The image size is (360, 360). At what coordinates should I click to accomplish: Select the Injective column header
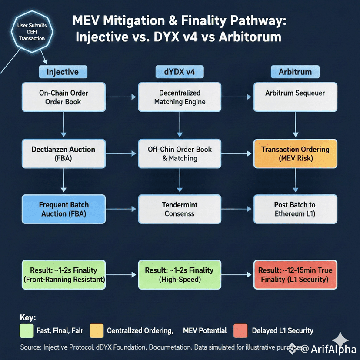coord(63,72)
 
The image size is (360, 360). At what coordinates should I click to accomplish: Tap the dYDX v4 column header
coord(180,72)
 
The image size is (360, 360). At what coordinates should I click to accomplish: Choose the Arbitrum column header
coord(296,72)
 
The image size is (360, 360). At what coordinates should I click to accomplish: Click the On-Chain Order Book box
coord(63,97)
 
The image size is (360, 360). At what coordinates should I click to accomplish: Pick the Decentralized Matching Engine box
coord(180,97)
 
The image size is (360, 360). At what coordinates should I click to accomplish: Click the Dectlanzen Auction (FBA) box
coord(63,154)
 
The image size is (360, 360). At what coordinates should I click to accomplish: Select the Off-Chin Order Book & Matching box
coord(180,154)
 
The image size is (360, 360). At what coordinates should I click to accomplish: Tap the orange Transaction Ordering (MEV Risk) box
coord(295,154)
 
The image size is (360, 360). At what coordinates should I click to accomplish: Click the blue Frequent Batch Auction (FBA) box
coord(63,209)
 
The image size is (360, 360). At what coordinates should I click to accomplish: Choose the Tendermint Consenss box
coord(180,209)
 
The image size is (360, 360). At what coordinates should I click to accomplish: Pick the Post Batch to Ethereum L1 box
coord(295,209)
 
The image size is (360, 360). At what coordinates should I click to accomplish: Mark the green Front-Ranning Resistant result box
coord(63,275)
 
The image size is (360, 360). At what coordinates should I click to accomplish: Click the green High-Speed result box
coord(180,275)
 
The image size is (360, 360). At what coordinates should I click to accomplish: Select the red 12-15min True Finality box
coord(295,275)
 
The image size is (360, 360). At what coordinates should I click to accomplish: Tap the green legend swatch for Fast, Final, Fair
coord(27,330)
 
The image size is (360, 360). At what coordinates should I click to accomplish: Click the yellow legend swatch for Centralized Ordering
coord(97,330)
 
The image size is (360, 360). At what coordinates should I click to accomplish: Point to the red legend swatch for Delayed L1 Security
coord(240,330)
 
